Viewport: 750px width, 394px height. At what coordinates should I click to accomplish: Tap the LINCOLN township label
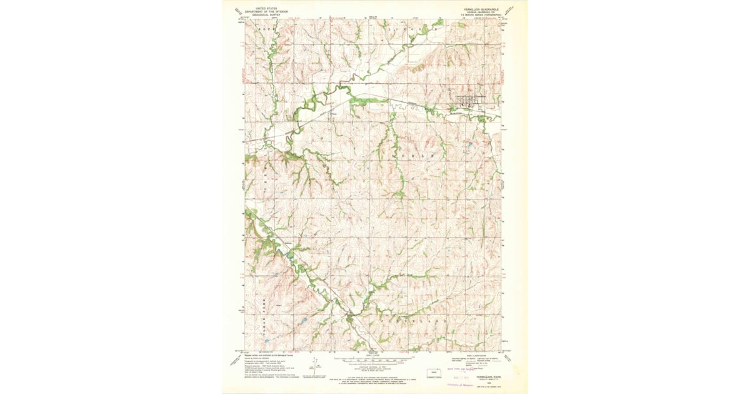coord(409,29)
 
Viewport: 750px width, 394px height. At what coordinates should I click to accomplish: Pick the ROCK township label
coord(259,29)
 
